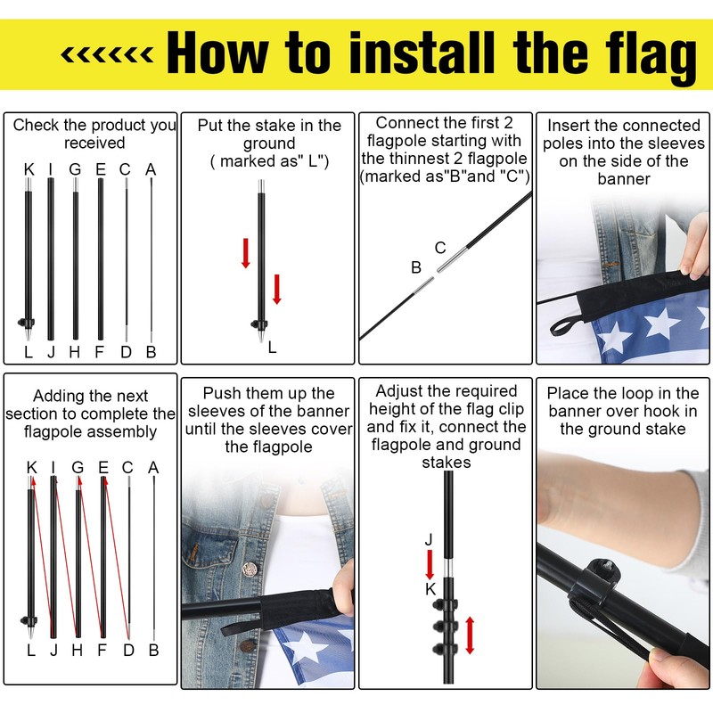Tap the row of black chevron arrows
point(107,55)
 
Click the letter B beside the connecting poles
point(416,267)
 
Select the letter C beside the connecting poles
point(440,248)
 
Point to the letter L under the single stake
point(272,348)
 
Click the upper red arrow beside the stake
point(246,253)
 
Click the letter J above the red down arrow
point(429,540)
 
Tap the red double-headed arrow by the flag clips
point(471,635)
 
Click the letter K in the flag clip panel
point(430,589)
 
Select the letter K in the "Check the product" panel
point(29,169)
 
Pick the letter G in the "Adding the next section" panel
point(78,467)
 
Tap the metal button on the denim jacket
point(250,570)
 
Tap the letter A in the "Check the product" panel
point(151,169)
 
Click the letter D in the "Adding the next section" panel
point(128,651)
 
